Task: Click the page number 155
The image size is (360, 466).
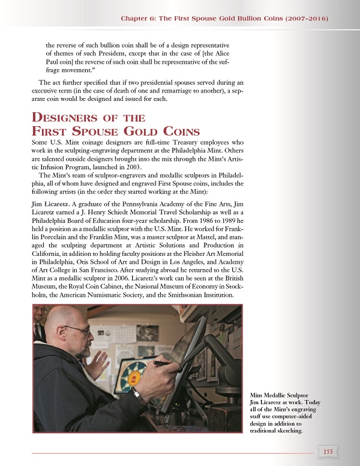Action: [x=328, y=452]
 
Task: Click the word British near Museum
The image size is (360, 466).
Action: [x=231, y=278]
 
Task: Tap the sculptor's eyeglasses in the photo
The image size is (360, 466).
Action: [x=78, y=330]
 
